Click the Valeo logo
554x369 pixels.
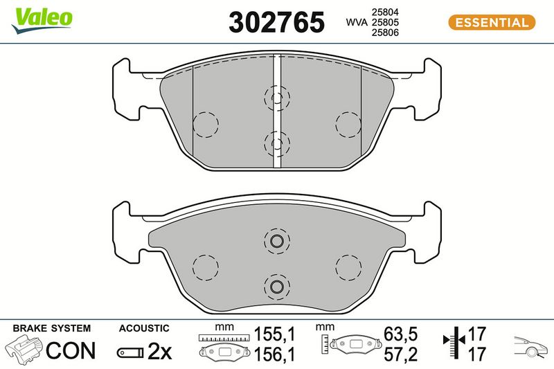pyautogui.click(x=42, y=20)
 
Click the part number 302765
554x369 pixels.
pyautogui.click(x=276, y=22)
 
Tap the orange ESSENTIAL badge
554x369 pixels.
pyautogui.click(x=492, y=22)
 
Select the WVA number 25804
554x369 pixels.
pyautogui.click(x=385, y=12)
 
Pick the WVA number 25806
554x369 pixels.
pyautogui.click(x=385, y=33)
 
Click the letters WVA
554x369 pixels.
pyautogui.click(x=357, y=22)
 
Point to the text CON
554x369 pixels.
pyautogui.click(x=71, y=350)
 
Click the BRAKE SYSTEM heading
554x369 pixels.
pyautogui.click(x=51, y=328)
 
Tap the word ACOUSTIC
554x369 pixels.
pyautogui.click(x=144, y=328)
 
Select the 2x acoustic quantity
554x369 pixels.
pyautogui.click(x=159, y=350)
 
